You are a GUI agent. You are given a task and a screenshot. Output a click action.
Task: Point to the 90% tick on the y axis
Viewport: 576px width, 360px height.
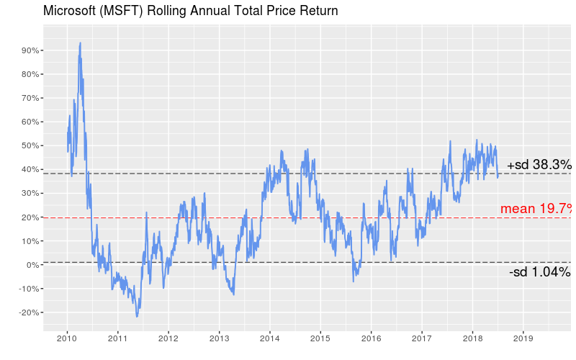coord(30,50)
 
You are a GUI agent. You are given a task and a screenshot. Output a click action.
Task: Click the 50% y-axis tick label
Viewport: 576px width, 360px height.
coord(30,145)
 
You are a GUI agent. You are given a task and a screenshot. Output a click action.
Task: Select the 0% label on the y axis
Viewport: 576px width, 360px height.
coord(32,265)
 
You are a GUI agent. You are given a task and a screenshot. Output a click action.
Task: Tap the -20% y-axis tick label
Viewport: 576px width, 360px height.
coord(28,312)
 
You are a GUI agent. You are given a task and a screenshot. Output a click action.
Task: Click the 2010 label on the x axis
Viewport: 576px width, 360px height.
coord(67,338)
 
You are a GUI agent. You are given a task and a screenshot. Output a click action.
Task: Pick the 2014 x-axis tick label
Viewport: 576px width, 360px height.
coord(269,338)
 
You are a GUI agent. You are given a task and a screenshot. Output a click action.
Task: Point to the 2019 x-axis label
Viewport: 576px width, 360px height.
coord(523,338)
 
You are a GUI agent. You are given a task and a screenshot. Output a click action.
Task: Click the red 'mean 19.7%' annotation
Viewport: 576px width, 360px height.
coord(536,209)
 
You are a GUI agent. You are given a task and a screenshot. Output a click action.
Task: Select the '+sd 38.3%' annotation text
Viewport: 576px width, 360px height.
coord(539,165)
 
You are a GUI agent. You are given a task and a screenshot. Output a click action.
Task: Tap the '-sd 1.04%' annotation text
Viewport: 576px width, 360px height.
coord(540,272)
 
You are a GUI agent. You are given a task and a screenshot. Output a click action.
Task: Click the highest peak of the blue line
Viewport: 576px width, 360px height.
coord(80,42)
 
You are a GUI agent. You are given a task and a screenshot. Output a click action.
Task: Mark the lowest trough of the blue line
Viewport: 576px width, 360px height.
coord(137,316)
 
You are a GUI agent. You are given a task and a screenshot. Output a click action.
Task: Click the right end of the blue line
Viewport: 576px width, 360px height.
coord(498,176)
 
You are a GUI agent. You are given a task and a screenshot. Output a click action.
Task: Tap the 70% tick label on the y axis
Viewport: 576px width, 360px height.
coord(30,98)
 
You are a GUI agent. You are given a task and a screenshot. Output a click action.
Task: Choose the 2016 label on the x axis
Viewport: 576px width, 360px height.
coord(371,338)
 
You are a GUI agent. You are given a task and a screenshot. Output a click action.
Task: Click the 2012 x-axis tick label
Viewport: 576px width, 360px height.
coord(168,338)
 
